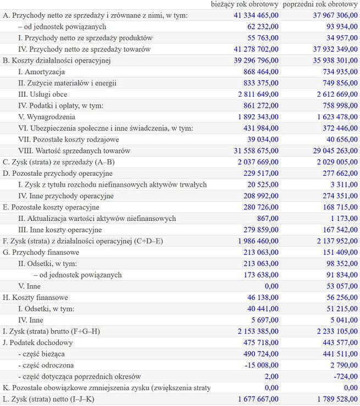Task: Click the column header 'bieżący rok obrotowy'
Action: tap(245, 5)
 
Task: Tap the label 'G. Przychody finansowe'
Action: tap(41, 252)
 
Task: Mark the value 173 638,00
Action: tap(258, 275)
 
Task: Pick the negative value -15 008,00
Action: tap(259, 365)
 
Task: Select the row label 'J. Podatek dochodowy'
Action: tap(38, 342)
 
